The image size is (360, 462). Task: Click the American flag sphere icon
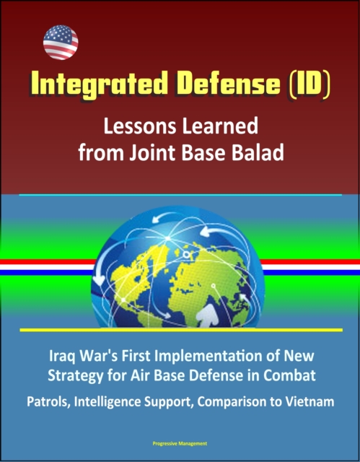pyautogui.click(x=61, y=43)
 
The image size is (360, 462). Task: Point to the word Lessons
pyautogui.click(x=140, y=126)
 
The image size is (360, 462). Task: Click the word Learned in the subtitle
pyautogui.click(x=220, y=126)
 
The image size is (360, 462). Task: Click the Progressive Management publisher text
pyautogui.click(x=180, y=443)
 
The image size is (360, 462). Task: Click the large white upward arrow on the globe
pyautogui.click(x=208, y=315)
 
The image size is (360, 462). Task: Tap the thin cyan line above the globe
pyautogui.click(x=180, y=195)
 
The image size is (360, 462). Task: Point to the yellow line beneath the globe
pyautogui.click(x=181, y=330)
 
